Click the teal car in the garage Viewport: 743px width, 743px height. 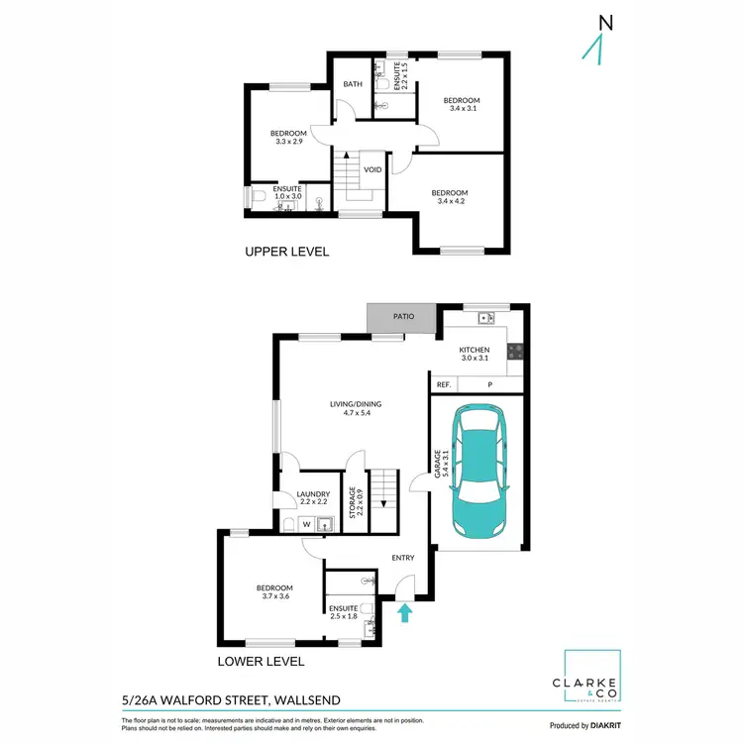[479, 470]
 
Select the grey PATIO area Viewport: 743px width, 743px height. [401, 318]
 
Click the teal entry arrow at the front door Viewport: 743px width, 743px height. [404, 614]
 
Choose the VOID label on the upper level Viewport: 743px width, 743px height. [372, 169]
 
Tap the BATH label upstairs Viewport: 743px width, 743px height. [352, 84]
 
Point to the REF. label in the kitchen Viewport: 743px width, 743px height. [444, 384]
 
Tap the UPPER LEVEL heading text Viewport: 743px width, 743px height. [286, 253]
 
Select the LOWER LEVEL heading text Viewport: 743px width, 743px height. [261, 662]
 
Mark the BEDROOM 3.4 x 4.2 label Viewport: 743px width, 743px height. [449, 197]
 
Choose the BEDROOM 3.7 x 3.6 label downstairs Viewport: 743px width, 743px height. [274, 592]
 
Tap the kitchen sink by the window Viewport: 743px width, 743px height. [484, 318]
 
